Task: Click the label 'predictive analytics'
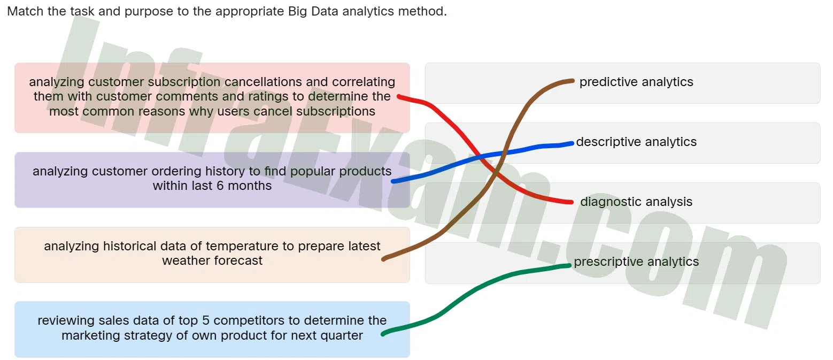[636, 82]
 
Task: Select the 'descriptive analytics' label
[636, 142]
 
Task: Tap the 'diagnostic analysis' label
[636, 202]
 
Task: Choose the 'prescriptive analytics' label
[636, 262]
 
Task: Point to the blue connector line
[483, 157]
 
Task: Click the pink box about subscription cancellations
[212, 98]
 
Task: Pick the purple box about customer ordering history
[212, 180]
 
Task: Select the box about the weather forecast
[212, 255]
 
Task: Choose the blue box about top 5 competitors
[212, 329]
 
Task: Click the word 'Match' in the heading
[25, 11]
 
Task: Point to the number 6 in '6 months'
[220, 186]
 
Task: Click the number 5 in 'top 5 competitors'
[206, 320]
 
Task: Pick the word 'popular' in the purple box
[313, 172]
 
